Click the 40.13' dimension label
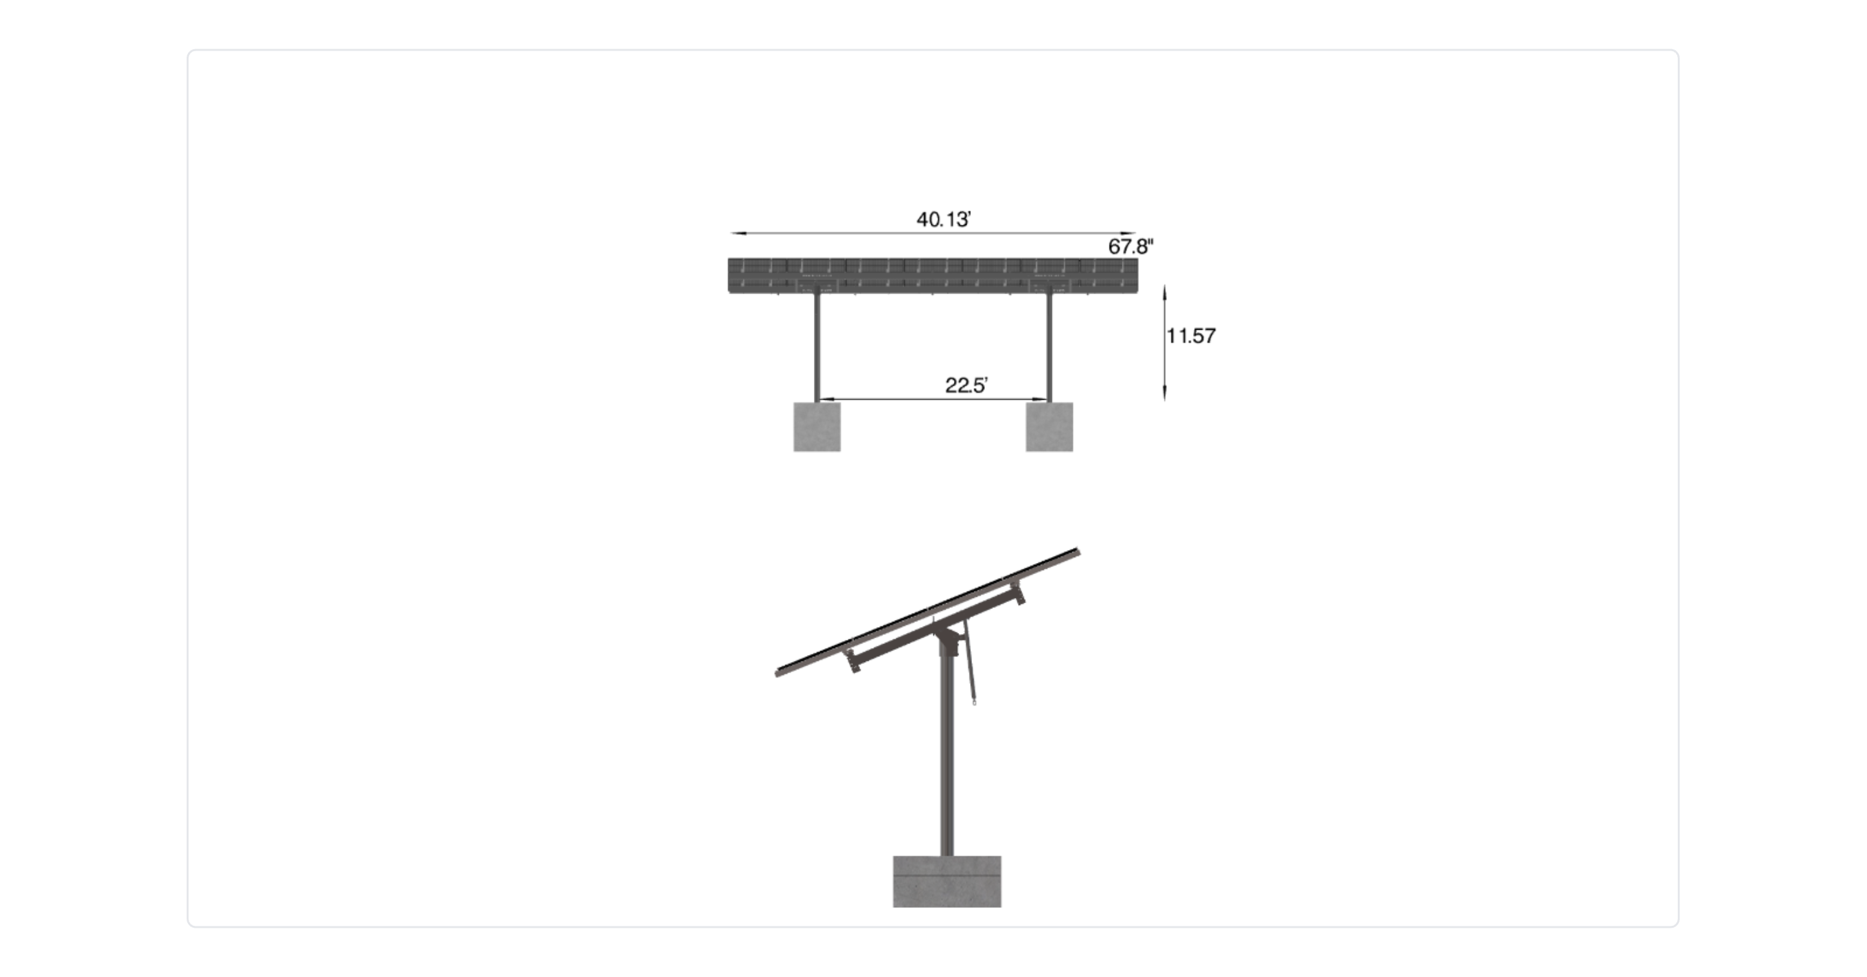(x=943, y=219)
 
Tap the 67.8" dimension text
(x=1131, y=246)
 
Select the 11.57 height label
(x=1191, y=336)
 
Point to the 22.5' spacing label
(x=966, y=385)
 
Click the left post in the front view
(x=817, y=347)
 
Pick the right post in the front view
(x=1049, y=347)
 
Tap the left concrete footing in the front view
(x=817, y=427)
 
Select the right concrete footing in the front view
(x=1049, y=427)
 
